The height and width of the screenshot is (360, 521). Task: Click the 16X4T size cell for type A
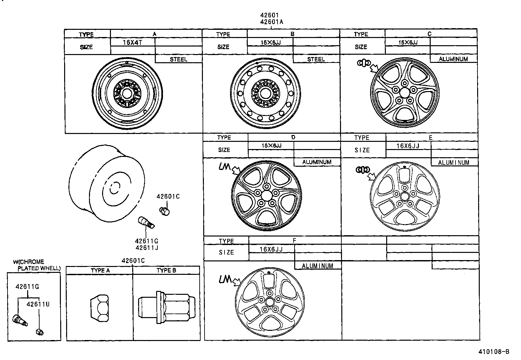pyautogui.click(x=132, y=42)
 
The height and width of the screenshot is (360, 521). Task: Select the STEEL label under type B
pyautogui.click(x=316, y=59)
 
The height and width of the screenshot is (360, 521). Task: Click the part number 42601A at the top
pyautogui.click(x=271, y=22)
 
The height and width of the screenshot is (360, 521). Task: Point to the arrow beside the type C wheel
pyautogui.click(x=373, y=68)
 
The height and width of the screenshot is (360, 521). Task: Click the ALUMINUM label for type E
pyautogui.click(x=453, y=162)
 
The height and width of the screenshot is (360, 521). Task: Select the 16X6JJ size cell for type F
pyautogui.click(x=271, y=249)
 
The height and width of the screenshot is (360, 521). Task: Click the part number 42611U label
pyautogui.click(x=38, y=304)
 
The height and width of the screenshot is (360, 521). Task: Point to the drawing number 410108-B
pyautogui.click(x=494, y=352)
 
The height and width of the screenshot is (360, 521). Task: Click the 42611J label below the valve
pyautogui.click(x=147, y=248)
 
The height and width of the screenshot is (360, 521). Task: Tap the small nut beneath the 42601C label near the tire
pyautogui.click(x=165, y=211)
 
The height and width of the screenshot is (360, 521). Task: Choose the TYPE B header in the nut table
pyautogui.click(x=166, y=270)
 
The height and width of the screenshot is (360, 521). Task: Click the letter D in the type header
pyautogui.click(x=293, y=137)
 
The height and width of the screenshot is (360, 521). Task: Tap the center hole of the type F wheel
pyautogui.click(x=270, y=302)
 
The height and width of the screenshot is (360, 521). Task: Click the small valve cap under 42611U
pyautogui.click(x=40, y=332)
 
